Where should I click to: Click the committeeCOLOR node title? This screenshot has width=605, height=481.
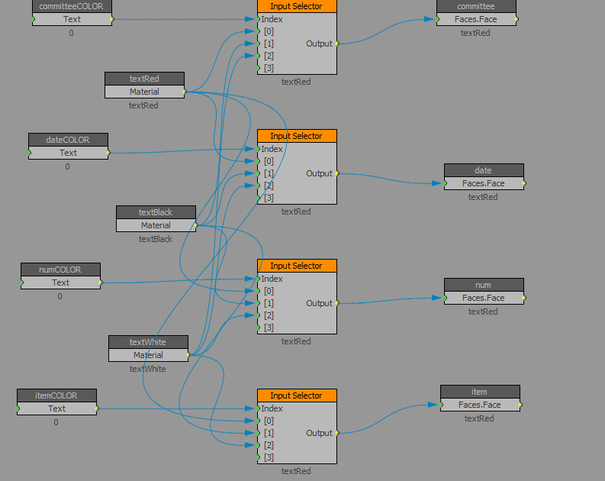click(72, 6)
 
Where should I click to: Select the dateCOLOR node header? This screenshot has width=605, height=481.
click(68, 140)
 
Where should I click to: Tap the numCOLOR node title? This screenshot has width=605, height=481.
click(60, 270)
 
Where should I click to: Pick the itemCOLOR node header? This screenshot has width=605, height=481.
click(56, 395)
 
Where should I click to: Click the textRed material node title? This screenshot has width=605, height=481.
click(144, 79)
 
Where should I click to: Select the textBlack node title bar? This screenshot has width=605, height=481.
click(156, 212)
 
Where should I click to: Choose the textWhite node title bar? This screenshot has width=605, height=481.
click(148, 342)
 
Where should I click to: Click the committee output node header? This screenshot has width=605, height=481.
click(476, 6)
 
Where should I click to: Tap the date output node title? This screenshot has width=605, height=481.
click(484, 170)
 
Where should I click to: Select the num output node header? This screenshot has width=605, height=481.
click(484, 285)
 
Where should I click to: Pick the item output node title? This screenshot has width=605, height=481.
click(480, 392)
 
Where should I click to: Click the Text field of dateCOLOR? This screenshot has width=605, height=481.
click(68, 153)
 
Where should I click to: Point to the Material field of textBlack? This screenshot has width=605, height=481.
click(156, 225)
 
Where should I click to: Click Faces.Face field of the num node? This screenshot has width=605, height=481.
click(484, 298)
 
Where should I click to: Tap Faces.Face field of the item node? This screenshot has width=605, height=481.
click(480, 405)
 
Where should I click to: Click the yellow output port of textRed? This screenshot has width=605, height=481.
click(185, 92)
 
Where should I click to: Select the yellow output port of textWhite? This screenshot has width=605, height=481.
click(188, 355)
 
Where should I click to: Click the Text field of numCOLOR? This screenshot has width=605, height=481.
click(60, 282)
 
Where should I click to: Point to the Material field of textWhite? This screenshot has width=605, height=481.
click(148, 355)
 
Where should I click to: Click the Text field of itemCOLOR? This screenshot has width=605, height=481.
click(56, 408)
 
